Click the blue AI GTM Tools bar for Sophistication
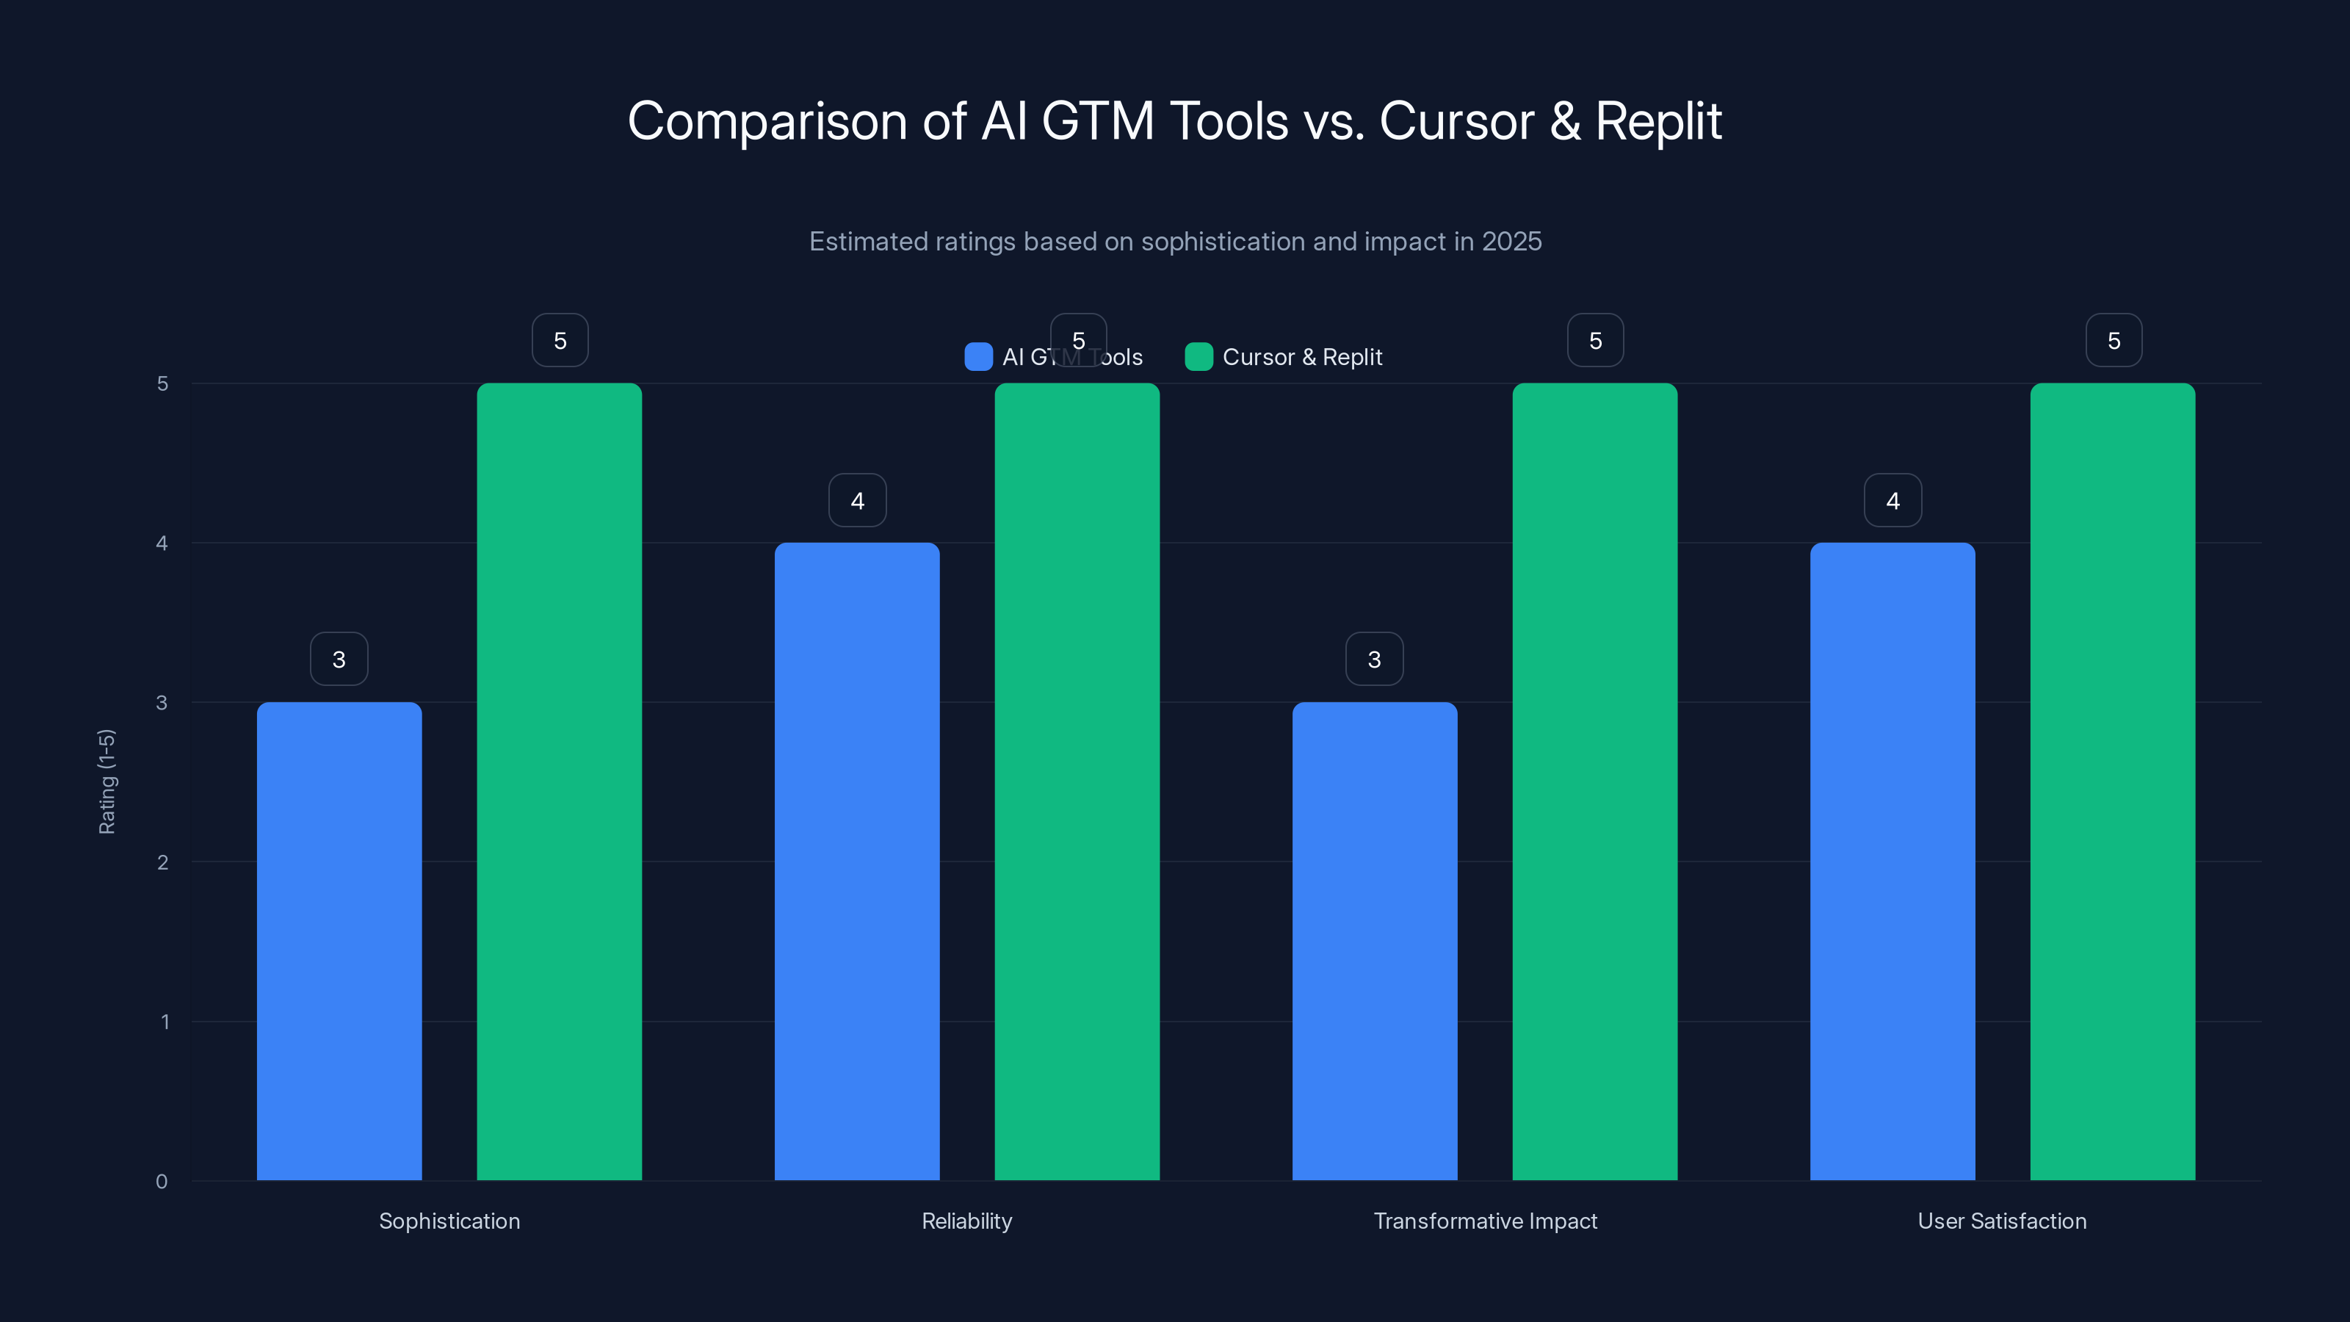[x=339, y=940]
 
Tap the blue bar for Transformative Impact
[x=1374, y=940]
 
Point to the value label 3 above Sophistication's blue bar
[x=339, y=659]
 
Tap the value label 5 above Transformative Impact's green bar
[x=1594, y=340]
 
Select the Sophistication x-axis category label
[x=449, y=1221]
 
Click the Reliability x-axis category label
[x=966, y=1221]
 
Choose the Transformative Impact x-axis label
[x=1484, y=1221]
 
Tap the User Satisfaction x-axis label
[x=2001, y=1221]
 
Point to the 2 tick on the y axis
[x=162, y=862]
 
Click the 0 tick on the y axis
[x=162, y=1182]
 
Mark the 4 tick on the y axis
[x=162, y=543]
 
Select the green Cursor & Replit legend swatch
[x=1198, y=357]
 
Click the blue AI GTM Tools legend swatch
[x=978, y=357]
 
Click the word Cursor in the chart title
[x=1456, y=121]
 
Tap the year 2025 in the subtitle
[x=1511, y=242]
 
